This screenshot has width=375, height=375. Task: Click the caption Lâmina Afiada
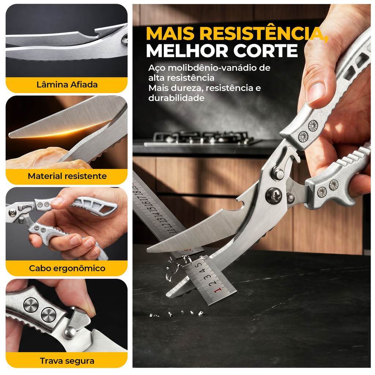(67, 85)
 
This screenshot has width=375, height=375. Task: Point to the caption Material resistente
(67, 176)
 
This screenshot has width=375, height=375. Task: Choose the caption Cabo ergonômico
(67, 268)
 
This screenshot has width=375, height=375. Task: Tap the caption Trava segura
(67, 361)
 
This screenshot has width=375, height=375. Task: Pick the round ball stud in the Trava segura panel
(70, 333)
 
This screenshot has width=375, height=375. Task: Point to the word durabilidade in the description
(176, 98)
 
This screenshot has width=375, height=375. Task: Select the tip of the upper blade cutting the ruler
(148, 249)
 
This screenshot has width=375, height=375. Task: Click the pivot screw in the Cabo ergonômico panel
(12, 212)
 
